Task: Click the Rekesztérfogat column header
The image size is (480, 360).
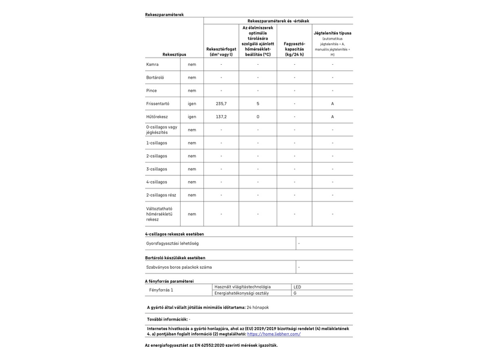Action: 221,51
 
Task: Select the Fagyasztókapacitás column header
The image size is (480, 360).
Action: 294,48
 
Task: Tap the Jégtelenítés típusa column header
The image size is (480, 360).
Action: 332,34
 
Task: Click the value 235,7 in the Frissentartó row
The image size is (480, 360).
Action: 221,103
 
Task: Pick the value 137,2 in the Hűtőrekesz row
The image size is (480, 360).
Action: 221,116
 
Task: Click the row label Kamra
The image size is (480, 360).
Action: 152,64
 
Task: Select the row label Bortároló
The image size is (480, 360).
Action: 155,77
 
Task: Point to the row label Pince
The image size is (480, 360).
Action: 152,91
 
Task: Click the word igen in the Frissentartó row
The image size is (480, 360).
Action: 192,103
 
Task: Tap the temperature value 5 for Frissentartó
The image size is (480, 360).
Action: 258,103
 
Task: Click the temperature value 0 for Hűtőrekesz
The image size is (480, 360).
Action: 258,116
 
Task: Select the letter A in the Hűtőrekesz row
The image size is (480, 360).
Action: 332,116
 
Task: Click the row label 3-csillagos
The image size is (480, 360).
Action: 157,169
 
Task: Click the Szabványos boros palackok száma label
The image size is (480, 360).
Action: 179,267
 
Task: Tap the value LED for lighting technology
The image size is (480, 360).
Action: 297,287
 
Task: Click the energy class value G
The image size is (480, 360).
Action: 295,293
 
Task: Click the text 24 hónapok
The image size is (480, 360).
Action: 257,307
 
